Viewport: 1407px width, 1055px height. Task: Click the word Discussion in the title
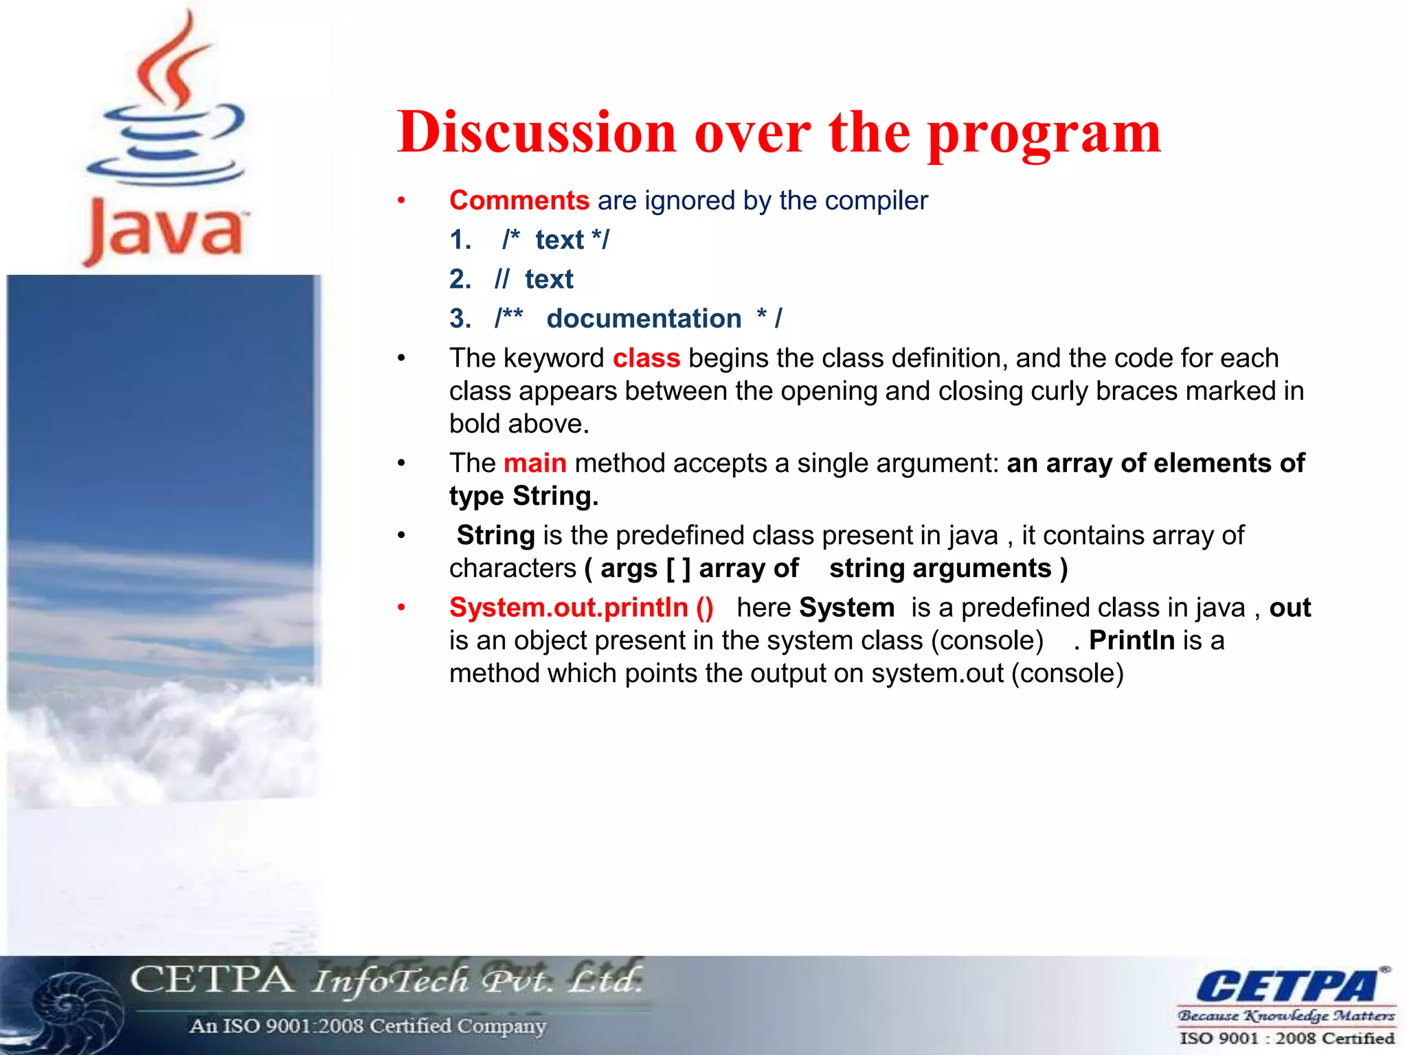coord(536,132)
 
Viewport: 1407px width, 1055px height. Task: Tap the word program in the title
coord(1044,135)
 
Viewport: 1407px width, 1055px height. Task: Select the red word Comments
coord(519,201)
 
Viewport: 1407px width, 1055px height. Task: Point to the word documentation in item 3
coord(644,319)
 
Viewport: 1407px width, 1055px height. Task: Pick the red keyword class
coord(646,359)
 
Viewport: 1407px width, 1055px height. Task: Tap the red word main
coord(534,464)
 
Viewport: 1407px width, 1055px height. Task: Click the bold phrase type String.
coord(524,497)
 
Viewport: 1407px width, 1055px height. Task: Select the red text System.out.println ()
coord(581,608)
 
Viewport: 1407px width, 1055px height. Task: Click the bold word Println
coord(1132,641)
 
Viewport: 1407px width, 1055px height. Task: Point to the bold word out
coord(1290,608)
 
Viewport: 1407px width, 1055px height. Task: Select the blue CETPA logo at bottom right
coord(1286,986)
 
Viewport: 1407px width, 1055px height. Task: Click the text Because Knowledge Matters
coord(1286,1015)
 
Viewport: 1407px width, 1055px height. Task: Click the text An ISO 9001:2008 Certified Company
coord(368,1026)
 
